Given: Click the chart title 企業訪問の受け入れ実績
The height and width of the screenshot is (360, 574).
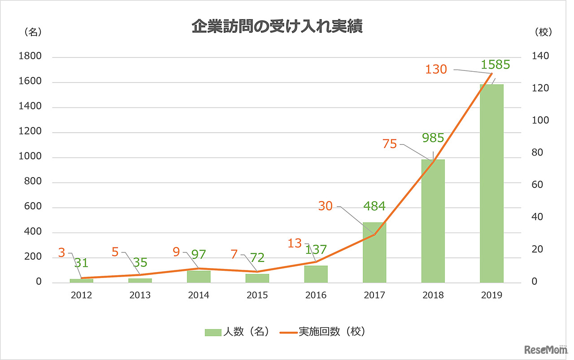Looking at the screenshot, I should (x=277, y=27).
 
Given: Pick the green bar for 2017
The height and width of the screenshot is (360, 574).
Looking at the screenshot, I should (x=374, y=253).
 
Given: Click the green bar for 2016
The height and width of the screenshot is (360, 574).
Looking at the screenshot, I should (x=316, y=274).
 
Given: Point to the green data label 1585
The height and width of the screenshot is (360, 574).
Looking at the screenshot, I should (x=495, y=65).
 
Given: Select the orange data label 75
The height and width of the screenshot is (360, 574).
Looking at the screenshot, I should (x=390, y=144).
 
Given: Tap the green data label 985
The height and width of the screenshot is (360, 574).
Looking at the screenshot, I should (x=433, y=138).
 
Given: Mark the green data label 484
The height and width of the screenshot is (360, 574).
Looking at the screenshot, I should (x=374, y=207).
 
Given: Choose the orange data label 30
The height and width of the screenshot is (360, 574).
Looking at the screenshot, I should (x=326, y=206).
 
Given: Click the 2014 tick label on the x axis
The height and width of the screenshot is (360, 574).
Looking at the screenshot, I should (x=199, y=295).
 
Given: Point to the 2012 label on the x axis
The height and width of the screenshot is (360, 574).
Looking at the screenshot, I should (x=81, y=295).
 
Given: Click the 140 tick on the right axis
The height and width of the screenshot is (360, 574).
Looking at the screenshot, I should (x=540, y=56).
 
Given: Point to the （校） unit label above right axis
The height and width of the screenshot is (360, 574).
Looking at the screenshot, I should (x=543, y=32).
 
